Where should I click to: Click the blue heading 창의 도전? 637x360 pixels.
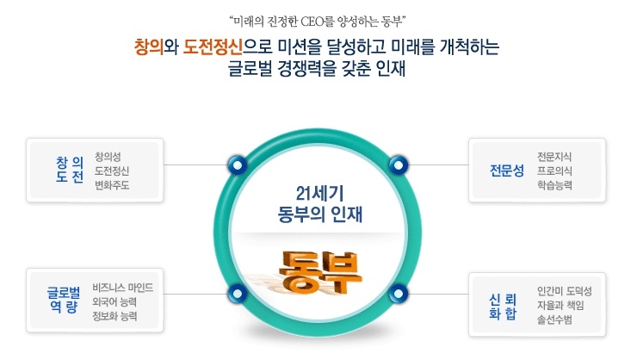coord(69,169)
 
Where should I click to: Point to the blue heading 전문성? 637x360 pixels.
coord(506,169)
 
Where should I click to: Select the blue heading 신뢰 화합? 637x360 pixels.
coord(504,306)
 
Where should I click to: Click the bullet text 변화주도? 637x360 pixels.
coord(112,185)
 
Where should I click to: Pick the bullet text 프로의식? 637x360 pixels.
coord(554,170)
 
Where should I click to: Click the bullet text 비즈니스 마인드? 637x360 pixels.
coord(122,287)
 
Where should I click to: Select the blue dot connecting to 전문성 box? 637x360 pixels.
coord(398,164)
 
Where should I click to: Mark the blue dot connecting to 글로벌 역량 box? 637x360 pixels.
coord(234,294)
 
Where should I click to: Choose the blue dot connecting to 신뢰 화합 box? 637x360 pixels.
coord(399,294)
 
